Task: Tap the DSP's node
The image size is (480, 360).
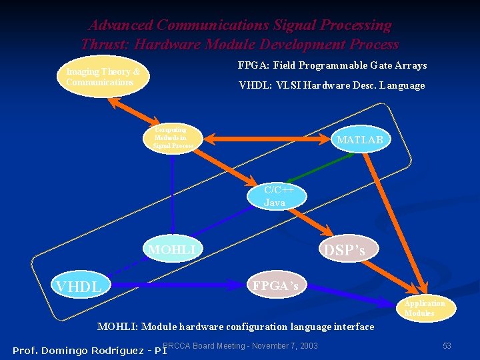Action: pyautogui.click(x=344, y=250)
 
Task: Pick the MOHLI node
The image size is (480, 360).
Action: pyautogui.click(x=173, y=250)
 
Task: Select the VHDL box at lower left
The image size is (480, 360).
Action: pyautogui.click(x=79, y=287)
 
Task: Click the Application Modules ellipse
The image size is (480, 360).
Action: pyautogui.click(x=425, y=308)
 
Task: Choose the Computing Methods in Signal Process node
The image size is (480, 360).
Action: pyautogui.click(x=173, y=138)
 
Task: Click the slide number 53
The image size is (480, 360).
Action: pyautogui.click(x=447, y=345)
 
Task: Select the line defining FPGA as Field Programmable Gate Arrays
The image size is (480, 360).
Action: pyautogui.click(x=332, y=65)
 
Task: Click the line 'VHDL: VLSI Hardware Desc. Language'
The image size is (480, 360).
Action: pyautogui.click(x=331, y=85)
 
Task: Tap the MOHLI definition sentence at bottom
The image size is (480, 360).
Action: pyautogui.click(x=235, y=327)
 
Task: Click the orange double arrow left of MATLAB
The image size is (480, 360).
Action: pyautogui.click(x=267, y=139)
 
